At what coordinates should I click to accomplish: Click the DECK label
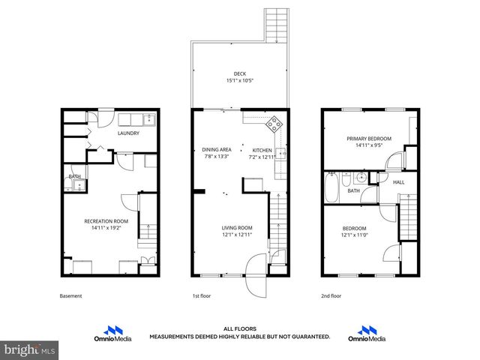(239, 73)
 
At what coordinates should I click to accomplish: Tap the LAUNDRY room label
(129, 134)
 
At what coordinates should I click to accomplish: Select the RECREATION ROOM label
(106, 221)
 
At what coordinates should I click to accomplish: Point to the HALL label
(398, 181)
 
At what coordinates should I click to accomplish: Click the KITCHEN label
(262, 150)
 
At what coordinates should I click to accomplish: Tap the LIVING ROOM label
(236, 228)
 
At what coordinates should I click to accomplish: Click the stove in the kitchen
(274, 121)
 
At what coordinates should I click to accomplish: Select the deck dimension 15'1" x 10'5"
(239, 81)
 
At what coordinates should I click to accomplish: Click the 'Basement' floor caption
(70, 295)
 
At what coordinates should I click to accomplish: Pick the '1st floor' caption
(201, 295)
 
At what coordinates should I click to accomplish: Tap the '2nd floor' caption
(331, 295)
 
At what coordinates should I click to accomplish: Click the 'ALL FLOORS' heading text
(239, 328)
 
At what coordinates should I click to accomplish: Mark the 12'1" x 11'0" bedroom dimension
(355, 235)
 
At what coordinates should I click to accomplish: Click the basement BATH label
(74, 177)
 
